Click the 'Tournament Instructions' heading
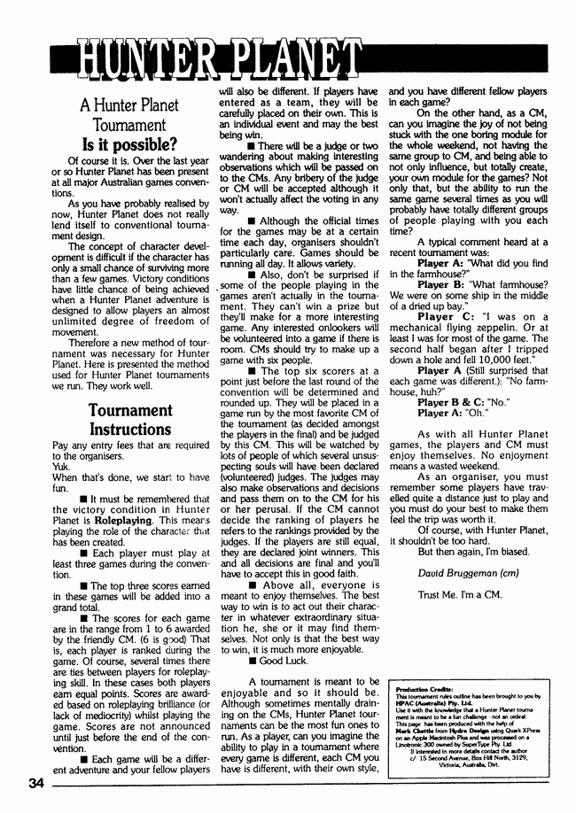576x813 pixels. pos(129,420)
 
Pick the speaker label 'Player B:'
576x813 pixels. pos(447,284)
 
